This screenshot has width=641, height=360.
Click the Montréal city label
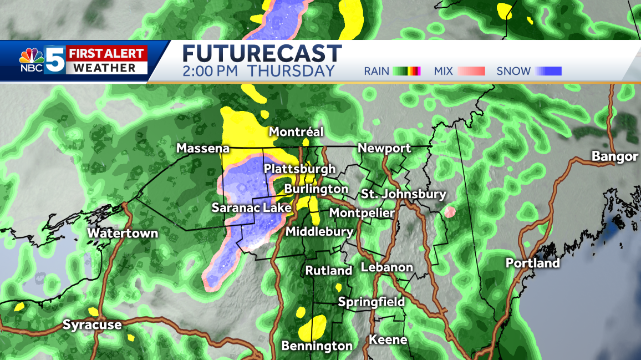[x=296, y=132]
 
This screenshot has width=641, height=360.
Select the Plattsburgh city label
[x=299, y=169]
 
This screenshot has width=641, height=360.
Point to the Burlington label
[x=316, y=189]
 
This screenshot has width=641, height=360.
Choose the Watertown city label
[x=123, y=234]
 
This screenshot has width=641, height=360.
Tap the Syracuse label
[x=91, y=324]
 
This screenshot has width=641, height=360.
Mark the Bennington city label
[x=317, y=346]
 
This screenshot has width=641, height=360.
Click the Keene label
[x=388, y=339]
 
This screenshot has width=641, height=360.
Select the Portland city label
[x=532, y=263]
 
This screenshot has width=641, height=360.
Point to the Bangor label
[x=614, y=156]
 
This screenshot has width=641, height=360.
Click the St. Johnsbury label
[x=403, y=194]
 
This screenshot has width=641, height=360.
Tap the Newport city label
[x=384, y=148]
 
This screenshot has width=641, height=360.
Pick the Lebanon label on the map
[x=386, y=267]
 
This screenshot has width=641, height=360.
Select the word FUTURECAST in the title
[x=262, y=54]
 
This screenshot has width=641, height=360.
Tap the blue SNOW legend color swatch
[x=548, y=71]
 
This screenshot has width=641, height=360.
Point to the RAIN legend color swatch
[x=407, y=71]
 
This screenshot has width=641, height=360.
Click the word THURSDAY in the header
[x=291, y=71]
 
